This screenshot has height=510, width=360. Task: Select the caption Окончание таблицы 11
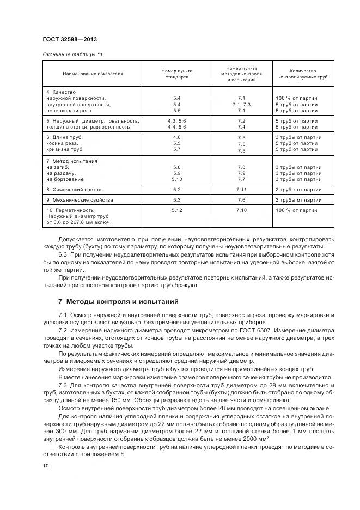(72, 54)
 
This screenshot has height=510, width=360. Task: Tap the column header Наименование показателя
(93, 74)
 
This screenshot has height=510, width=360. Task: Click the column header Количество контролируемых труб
(303, 74)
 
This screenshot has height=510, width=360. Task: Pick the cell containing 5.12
(176, 210)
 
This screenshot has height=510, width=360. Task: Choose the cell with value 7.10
(241, 210)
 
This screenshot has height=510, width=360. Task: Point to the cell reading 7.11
(241, 189)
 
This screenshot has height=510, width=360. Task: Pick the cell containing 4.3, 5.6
(176, 120)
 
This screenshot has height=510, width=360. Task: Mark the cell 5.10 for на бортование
(176, 179)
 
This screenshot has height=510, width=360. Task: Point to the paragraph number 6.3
(62, 253)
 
